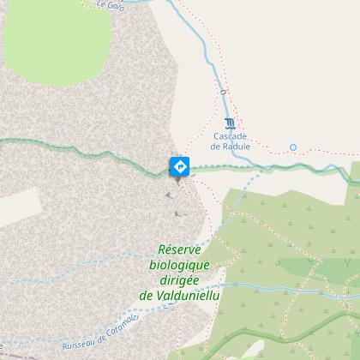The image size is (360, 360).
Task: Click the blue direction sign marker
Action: [179, 165]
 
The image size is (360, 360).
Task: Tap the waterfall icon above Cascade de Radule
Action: [229, 122]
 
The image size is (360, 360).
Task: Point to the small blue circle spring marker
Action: [292, 147]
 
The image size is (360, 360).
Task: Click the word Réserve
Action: [179, 249]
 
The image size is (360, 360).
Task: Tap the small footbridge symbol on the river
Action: [222, 91]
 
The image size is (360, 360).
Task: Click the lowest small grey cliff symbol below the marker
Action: [178, 213]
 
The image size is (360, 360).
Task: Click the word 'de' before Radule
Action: [217, 145]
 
